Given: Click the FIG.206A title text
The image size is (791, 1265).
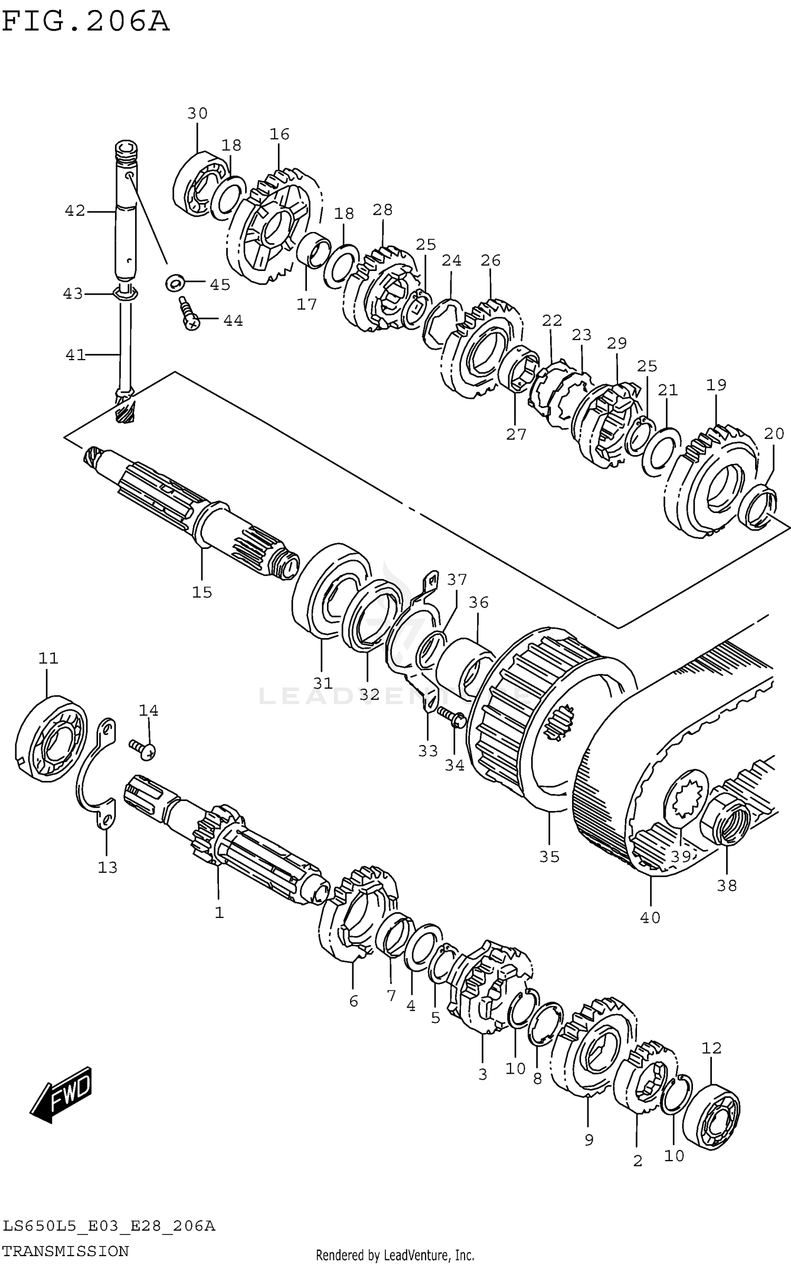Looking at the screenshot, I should [x=85, y=22].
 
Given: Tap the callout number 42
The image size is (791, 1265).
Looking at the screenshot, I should [x=74, y=211].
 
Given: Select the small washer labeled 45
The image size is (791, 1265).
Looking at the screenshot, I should [x=175, y=283].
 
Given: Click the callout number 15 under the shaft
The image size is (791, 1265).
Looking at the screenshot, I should [x=202, y=592].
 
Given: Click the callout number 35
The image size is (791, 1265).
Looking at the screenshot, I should [x=549, y=857].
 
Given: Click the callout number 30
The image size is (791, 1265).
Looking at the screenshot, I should [x=197, y=113].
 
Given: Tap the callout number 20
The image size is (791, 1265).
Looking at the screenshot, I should [x=774, y=433].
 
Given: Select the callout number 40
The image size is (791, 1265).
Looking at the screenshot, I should [x=650, y=918].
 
